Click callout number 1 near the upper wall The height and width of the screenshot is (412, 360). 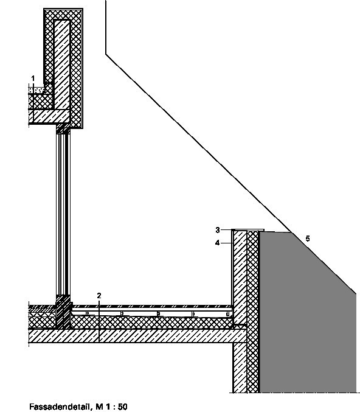coord(33,79)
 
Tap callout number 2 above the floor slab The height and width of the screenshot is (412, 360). coord(99,296)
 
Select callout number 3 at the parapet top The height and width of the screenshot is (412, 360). coord(218,230)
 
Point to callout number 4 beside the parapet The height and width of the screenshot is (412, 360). coord(217,243)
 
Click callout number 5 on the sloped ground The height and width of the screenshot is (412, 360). coord(308,239)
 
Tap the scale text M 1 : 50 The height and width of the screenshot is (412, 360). coord(112,407)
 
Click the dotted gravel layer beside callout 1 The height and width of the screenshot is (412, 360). coord(36,91)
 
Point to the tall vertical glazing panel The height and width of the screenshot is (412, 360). coord(63,215)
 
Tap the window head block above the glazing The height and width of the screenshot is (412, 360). coord(63,129)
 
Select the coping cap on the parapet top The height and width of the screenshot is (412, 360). coord(248,230)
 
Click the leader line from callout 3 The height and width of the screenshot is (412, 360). coord(226,230)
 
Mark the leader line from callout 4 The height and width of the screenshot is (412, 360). coord(227,243)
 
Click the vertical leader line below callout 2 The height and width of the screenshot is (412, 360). coord(99,321)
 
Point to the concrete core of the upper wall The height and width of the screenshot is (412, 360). coord(62,65)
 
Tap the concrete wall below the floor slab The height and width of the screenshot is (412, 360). coord(240,368)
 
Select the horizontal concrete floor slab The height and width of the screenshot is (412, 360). coord(137,336)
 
